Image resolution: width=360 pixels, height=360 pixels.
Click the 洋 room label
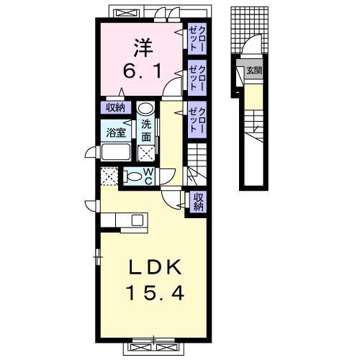143,48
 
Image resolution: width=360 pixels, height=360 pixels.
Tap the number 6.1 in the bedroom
142,71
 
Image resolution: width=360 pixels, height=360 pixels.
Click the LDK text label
156,267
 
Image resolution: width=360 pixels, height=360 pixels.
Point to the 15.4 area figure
156,293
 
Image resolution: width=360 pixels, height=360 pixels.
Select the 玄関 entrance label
254,71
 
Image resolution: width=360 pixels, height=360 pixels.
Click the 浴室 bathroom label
116,132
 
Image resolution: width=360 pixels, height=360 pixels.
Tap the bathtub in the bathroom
116,152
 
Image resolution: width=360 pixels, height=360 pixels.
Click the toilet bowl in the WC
132,177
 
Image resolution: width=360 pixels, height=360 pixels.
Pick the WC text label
148,176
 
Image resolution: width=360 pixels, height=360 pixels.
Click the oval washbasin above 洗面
146,109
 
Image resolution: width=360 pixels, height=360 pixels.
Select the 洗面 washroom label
146,130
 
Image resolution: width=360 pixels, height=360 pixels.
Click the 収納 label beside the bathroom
116,108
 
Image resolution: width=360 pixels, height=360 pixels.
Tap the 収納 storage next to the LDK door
198,202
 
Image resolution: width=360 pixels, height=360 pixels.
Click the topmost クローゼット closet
197,39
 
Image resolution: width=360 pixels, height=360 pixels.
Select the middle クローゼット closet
197,78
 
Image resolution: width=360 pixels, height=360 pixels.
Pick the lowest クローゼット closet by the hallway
197,120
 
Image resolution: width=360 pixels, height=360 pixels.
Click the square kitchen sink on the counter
138,220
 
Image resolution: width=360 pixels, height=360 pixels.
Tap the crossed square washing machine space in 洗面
146,153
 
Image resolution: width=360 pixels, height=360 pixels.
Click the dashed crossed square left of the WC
109,176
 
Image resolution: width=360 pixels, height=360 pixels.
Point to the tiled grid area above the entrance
250,30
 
